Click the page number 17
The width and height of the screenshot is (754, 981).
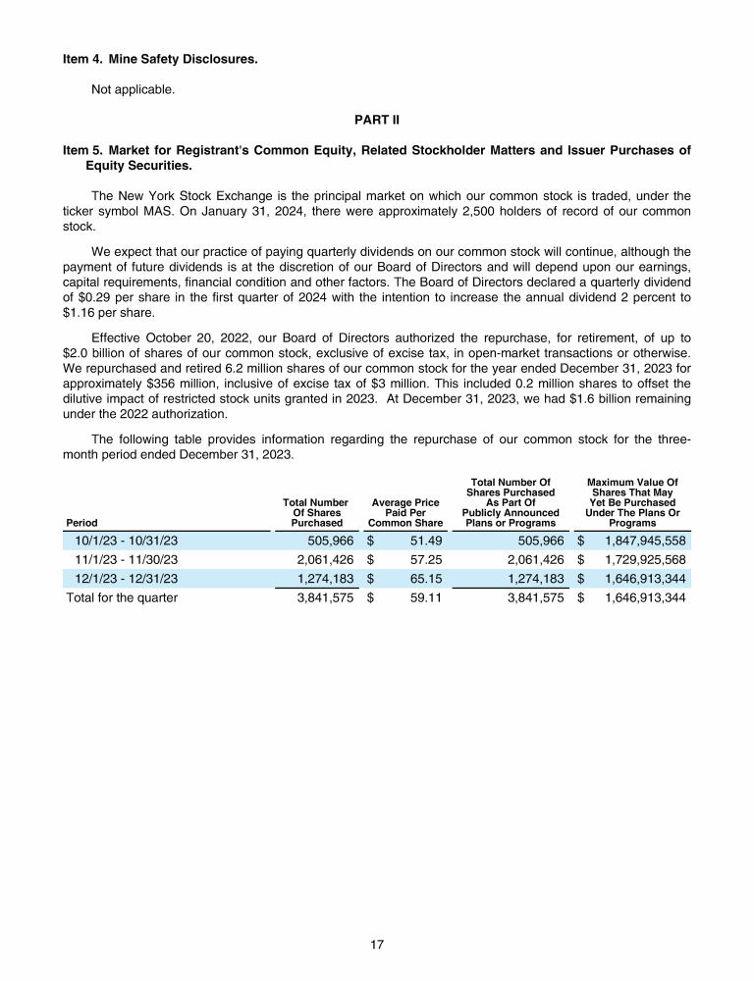[x=377, y=945]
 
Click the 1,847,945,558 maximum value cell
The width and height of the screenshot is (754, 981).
[x=645, y=541]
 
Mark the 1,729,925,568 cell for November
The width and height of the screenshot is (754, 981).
[x=645, y=559]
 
